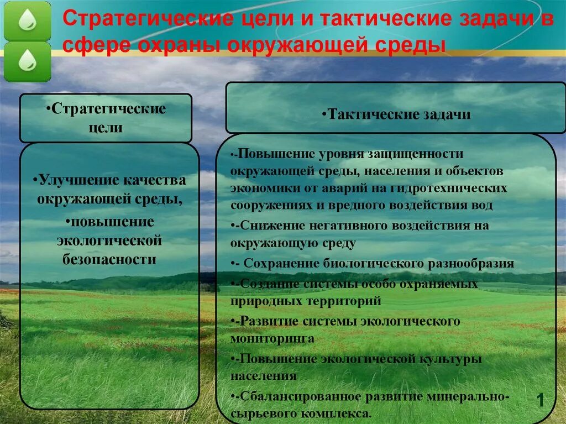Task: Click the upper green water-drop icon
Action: (27, 21)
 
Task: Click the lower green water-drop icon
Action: (27, 61)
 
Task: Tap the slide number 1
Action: (540, 400)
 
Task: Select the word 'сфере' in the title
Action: (90, 45)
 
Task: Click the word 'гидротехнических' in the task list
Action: (448, 188)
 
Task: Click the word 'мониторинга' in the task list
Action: (272, 338)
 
